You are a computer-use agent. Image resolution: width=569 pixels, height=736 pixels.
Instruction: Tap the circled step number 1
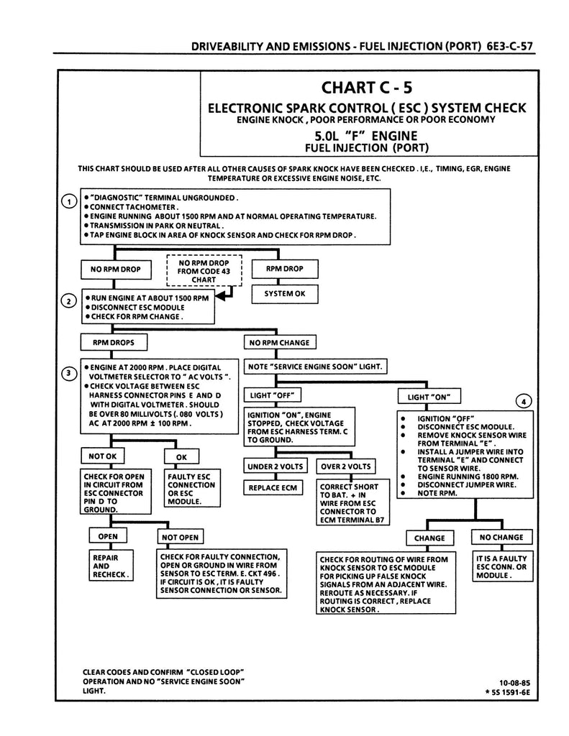68,203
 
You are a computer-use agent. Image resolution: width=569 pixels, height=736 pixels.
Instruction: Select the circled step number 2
68,301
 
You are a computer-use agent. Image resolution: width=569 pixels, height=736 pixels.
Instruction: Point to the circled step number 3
68,373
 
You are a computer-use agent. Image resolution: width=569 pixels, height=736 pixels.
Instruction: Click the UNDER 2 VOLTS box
274,466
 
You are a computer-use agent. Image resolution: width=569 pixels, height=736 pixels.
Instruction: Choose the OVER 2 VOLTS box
345,466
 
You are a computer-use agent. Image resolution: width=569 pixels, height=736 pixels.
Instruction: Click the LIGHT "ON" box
429,397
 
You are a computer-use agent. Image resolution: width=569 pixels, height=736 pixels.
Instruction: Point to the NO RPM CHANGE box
279,343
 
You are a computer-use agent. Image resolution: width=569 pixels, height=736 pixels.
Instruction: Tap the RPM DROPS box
109,343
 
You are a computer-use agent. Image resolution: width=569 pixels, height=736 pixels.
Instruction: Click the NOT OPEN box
180,537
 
